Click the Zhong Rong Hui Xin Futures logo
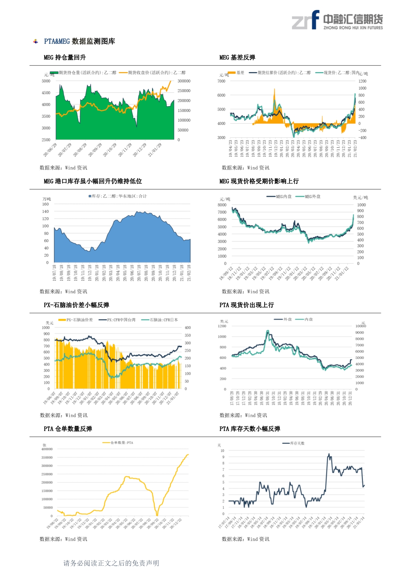(x=337, y=20)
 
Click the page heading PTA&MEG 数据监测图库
(x=79, y=41)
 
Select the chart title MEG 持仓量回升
(x=65, y=57)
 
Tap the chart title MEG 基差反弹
(x=237, y=57)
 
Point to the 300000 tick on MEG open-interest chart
(x=184, y=81)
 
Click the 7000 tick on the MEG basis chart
(x=221, y=81)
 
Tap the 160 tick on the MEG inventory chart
(x=45, y=204)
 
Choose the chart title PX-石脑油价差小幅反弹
(x=76, y=305)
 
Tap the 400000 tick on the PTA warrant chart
(x=47, y=449)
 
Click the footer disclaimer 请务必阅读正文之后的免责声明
(x=111, y=563)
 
